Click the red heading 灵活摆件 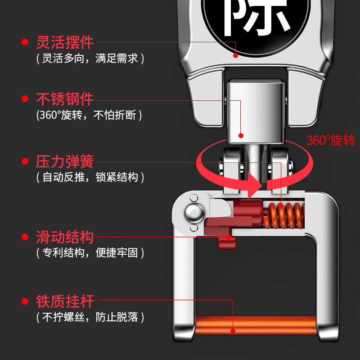(65, 42)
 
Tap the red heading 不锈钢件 (65, 99)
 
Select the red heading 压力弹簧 (65, 162)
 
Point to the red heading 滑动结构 (65, 237)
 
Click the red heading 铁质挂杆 (65, 301)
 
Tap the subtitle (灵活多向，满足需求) (90, 58)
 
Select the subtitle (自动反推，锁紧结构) (90, 177)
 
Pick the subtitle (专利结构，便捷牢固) (90, 252)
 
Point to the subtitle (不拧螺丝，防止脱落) (90, 317)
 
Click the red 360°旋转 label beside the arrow (331, 140)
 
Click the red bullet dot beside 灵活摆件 (25, 43)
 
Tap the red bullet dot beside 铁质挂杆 (25, 301)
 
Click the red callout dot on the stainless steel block (241, 135)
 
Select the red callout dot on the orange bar (233, 331)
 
